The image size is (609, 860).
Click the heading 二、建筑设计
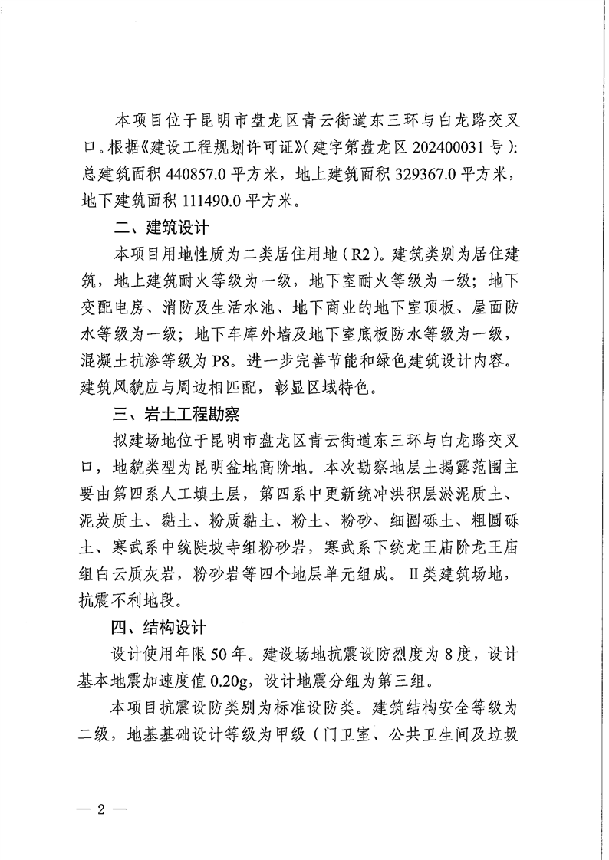(159, 228)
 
